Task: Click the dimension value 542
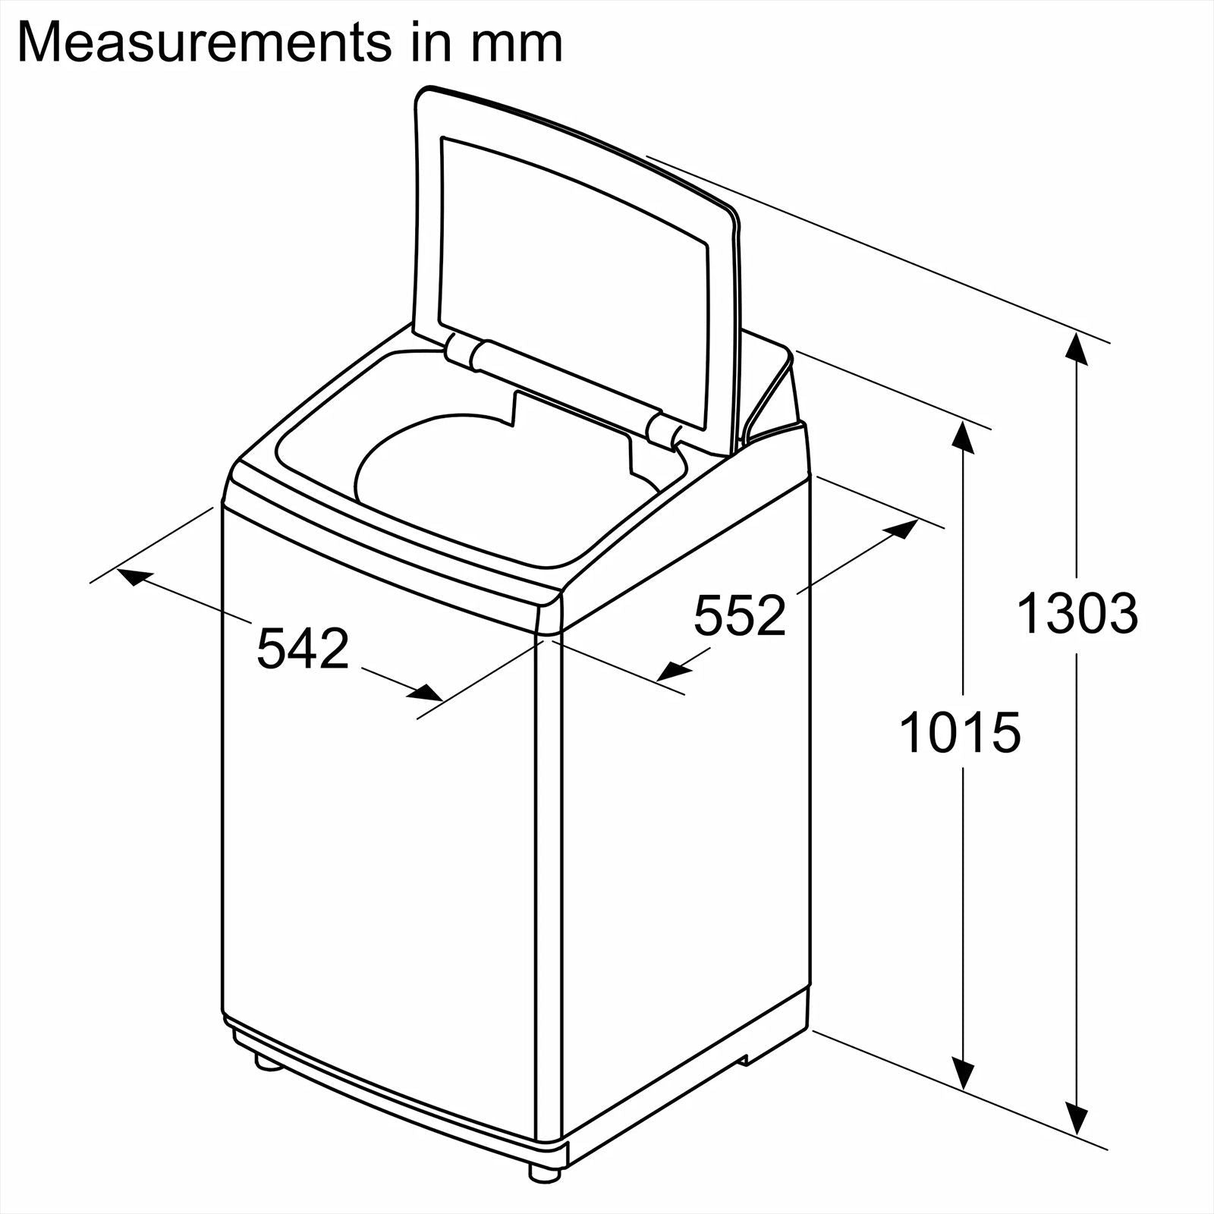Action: coord(303,649)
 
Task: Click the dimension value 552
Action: coord(740,616)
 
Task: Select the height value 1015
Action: coord(960,733)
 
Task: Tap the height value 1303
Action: coord(1077,613)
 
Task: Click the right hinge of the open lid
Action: coord(662,430)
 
